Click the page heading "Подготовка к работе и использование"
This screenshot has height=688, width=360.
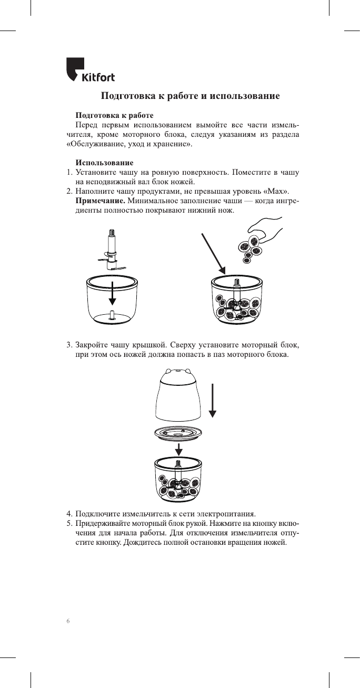tap(190, 96)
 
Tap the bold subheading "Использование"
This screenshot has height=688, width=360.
tap(104, 162)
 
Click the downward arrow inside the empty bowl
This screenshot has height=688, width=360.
tap(112, 293)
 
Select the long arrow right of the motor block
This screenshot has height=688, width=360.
tap(212, 400)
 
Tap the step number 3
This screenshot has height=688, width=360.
tap(68, 345)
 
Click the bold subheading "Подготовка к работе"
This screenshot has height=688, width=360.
tap(115, 115)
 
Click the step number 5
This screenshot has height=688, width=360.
tap(68, 523)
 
